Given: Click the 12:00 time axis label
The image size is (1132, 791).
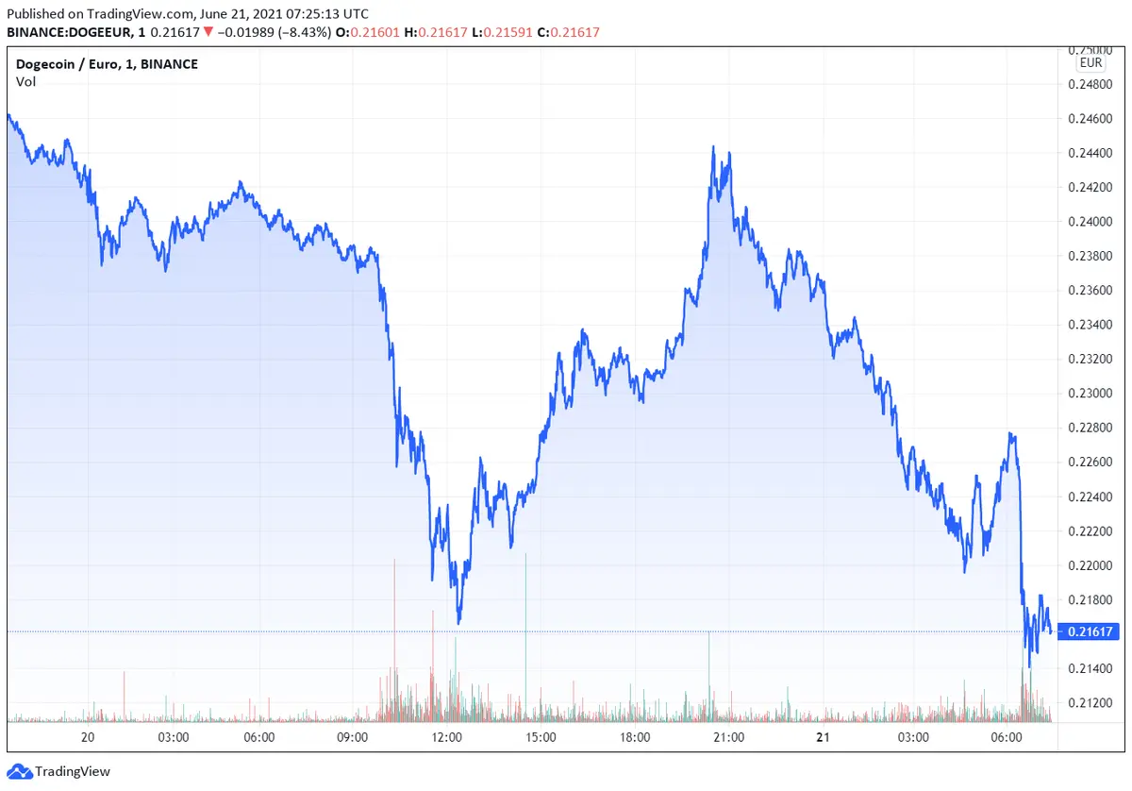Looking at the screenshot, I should click(x=446, y=737).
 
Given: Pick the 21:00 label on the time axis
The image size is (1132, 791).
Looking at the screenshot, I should click(x=728, y=737).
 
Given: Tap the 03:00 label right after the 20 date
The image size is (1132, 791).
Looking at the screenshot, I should click(x=174, y=737).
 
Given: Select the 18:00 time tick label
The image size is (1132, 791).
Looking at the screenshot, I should click(x=634, y=737).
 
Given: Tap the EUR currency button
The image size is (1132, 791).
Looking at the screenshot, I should click(x=1090, y=63).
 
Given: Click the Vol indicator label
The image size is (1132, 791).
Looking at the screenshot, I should click(x=25, y=82).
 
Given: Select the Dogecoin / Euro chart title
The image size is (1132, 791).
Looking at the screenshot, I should click(x=107, y=64).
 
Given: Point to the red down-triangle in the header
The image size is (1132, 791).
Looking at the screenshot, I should click(x=208, y=32).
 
